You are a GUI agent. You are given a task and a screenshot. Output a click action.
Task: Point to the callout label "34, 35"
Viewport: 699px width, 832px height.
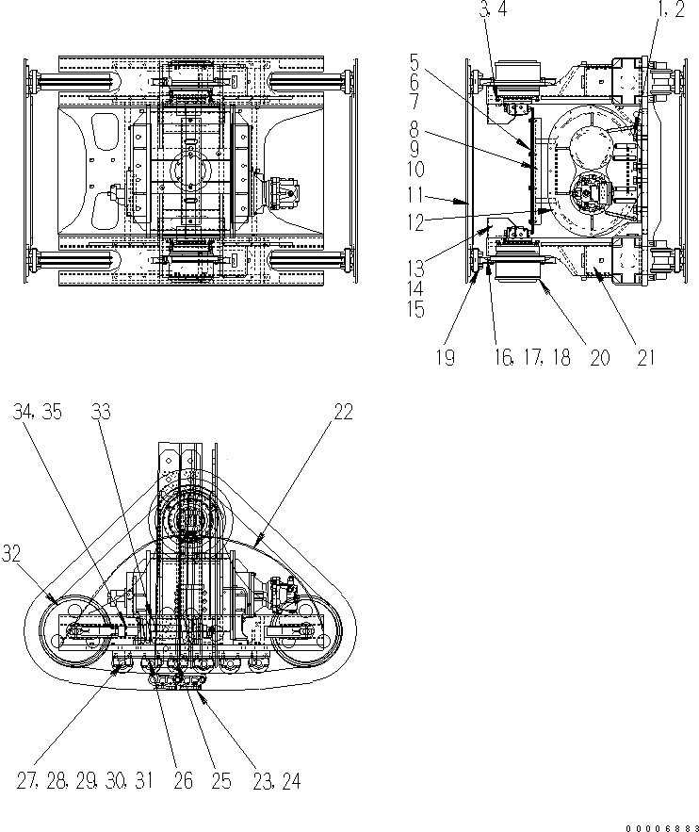point(38,413)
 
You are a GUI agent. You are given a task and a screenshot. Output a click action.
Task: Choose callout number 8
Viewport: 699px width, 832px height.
point(415,135)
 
